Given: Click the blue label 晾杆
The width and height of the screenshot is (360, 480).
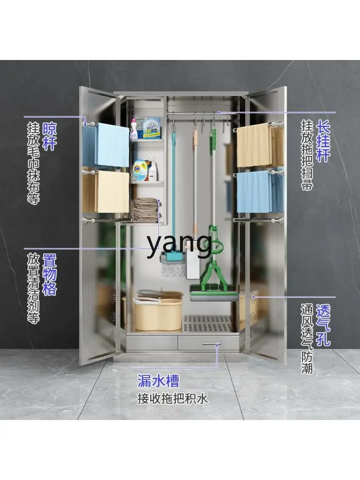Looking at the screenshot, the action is [x=49, y=136].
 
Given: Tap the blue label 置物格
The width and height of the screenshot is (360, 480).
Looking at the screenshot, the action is [x=49, y=275].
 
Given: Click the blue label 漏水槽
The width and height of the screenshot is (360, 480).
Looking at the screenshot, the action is [x=158, y=382].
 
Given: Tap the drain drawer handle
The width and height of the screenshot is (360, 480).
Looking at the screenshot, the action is [x=211, y=343].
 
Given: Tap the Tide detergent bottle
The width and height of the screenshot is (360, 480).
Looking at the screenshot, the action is [x=140, y=170].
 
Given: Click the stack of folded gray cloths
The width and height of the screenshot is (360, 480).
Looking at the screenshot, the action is [x=145, y=209].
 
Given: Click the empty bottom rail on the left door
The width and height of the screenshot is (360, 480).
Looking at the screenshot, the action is [x=103, y=220].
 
